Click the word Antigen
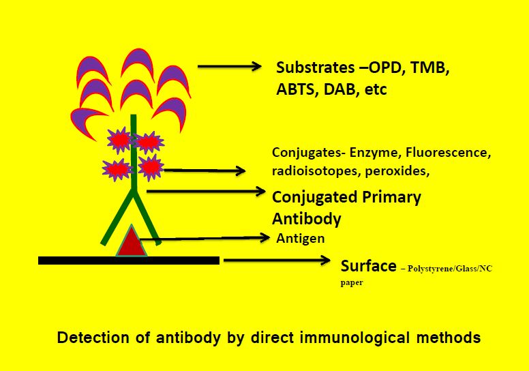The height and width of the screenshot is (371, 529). [x=301, y=239]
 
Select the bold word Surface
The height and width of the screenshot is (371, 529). [x=368, y=265]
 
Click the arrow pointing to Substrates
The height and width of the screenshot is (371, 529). [x=229, y=66]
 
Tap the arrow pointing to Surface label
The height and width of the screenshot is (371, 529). [x=272, y=260]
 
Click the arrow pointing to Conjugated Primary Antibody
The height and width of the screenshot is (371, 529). [x=205, y=192]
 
